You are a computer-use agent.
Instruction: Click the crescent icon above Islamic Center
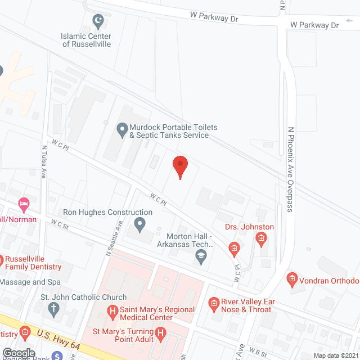pyautogui.click(x=98, y=22)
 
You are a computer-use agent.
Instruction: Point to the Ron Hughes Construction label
pyautogui.click(x=107, y=213)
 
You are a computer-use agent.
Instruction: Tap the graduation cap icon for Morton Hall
pyautogui.click(x=199, y=256)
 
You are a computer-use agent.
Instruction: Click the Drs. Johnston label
pyautogui.click(x=249, y=227)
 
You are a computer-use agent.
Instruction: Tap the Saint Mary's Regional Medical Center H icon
pyautogui.click(x=112, y=310)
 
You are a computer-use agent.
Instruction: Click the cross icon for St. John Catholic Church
pyautogui.click(x=53, y=308)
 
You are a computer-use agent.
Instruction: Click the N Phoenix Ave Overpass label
pyautogui.click(x=291, y=169)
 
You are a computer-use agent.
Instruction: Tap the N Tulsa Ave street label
pyautogui.click(x=43, y=162)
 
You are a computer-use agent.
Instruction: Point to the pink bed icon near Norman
pyautogui.click(x=24, y=202)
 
